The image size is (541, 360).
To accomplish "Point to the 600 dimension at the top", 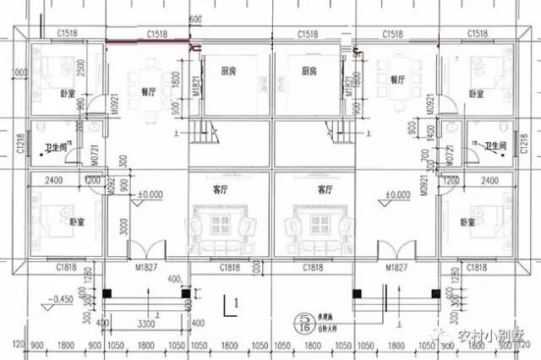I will pos(196,19).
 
